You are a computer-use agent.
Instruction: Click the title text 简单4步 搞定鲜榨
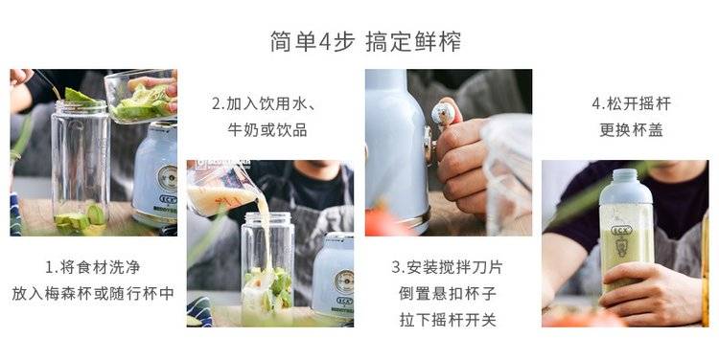(x=365, y=42)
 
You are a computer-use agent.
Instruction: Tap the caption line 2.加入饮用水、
(x=265, y=104)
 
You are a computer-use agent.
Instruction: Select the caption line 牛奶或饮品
(x=267, y=130)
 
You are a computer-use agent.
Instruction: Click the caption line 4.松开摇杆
(x=631, y=104)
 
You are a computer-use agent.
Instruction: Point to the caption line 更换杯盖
(x=631, y=130)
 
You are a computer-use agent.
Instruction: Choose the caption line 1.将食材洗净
(x=93, y=267)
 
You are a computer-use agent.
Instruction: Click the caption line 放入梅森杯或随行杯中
(x=93, y=293)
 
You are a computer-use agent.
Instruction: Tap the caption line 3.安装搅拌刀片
(x=447, y=267)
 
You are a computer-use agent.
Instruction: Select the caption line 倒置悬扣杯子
(x=448, y=293)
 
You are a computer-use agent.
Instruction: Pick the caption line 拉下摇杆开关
(x=448, y=320)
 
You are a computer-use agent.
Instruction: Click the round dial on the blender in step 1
(x=168, y=178)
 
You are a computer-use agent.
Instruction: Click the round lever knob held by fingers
(x=443, y=115)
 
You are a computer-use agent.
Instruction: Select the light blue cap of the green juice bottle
(x=625, y=187)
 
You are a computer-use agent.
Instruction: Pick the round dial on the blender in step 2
(x=344, y=281)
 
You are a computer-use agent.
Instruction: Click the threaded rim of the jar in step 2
(x=267, y=218)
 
